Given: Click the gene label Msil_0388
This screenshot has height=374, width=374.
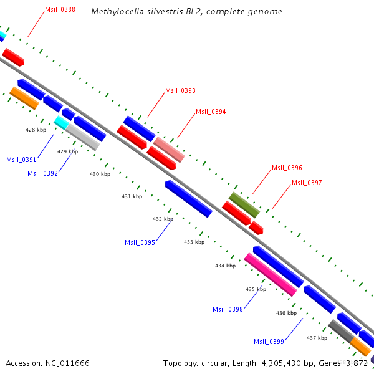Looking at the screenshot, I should coord(60,9).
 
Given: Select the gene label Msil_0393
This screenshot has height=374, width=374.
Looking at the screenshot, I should coord(180,90).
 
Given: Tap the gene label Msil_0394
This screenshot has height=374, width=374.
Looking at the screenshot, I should coord(211,112).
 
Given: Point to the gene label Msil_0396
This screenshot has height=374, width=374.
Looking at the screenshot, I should coord(287,168).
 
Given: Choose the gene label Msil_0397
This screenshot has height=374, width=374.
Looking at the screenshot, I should coord(307,183).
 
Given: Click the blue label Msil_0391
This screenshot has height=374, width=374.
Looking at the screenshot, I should coord(21,160).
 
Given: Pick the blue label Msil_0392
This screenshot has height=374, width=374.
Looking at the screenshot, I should coord(42,173).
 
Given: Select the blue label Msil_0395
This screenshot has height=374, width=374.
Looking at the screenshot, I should coord(140,242).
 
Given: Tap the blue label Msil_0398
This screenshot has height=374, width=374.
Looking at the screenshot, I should coord(228,309).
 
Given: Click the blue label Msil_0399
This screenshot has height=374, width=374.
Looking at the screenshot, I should coord(269,341).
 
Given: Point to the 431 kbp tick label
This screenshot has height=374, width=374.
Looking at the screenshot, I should coord(132,196).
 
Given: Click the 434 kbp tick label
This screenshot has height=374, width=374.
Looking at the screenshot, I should coord(225,266).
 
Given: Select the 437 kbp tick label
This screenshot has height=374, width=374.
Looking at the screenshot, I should coord(317,338).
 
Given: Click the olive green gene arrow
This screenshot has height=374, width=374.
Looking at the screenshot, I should coord(244,204).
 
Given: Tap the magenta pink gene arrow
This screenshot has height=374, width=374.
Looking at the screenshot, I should coord(271,274).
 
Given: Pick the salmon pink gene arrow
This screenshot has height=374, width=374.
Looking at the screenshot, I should coord(169,150).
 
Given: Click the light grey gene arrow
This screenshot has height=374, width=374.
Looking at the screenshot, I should coord(83,137).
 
